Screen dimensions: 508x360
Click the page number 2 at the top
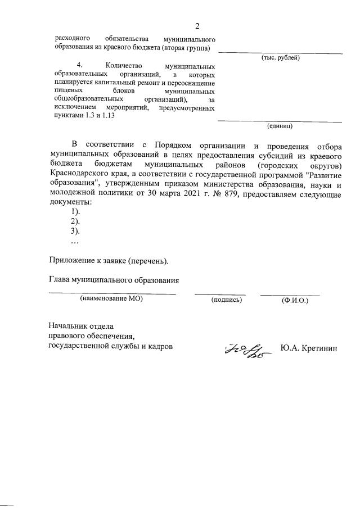pos(197,26)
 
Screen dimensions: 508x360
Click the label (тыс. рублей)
pos(280,58)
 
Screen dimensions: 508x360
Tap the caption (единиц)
pos(280,126)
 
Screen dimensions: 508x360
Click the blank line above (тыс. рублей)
pos(280,53)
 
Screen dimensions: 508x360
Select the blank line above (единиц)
pos(280,120)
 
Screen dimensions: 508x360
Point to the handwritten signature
pos(247,350)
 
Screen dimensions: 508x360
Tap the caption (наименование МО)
pos(111,300)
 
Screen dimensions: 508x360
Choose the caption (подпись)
pos(226,300)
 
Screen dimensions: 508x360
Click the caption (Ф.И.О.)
pos(295,300)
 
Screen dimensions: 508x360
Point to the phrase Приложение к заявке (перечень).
pos(109,261)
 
